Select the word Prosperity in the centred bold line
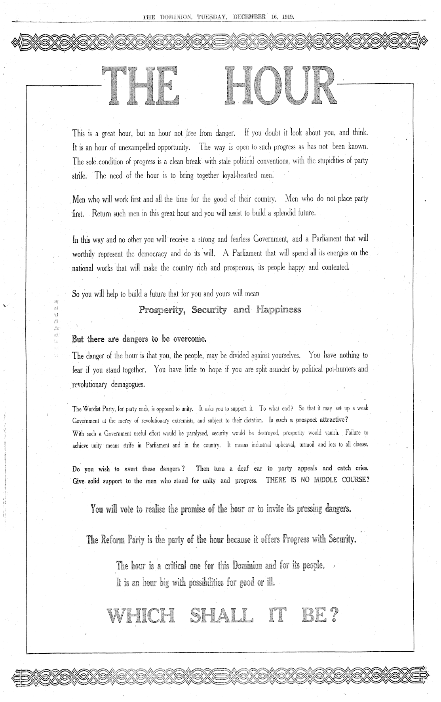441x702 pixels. coord(162,310)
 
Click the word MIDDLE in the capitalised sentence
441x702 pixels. coord(327,481)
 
